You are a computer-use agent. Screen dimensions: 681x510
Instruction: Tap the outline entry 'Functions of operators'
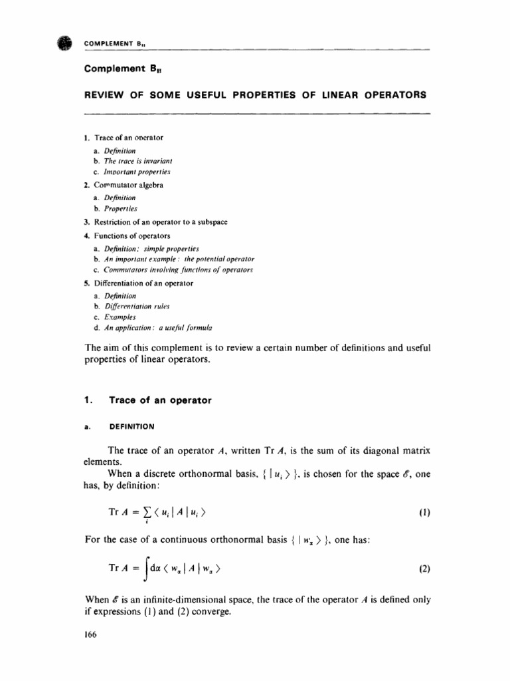132,235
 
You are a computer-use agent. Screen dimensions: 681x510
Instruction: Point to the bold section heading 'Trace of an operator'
155,400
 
